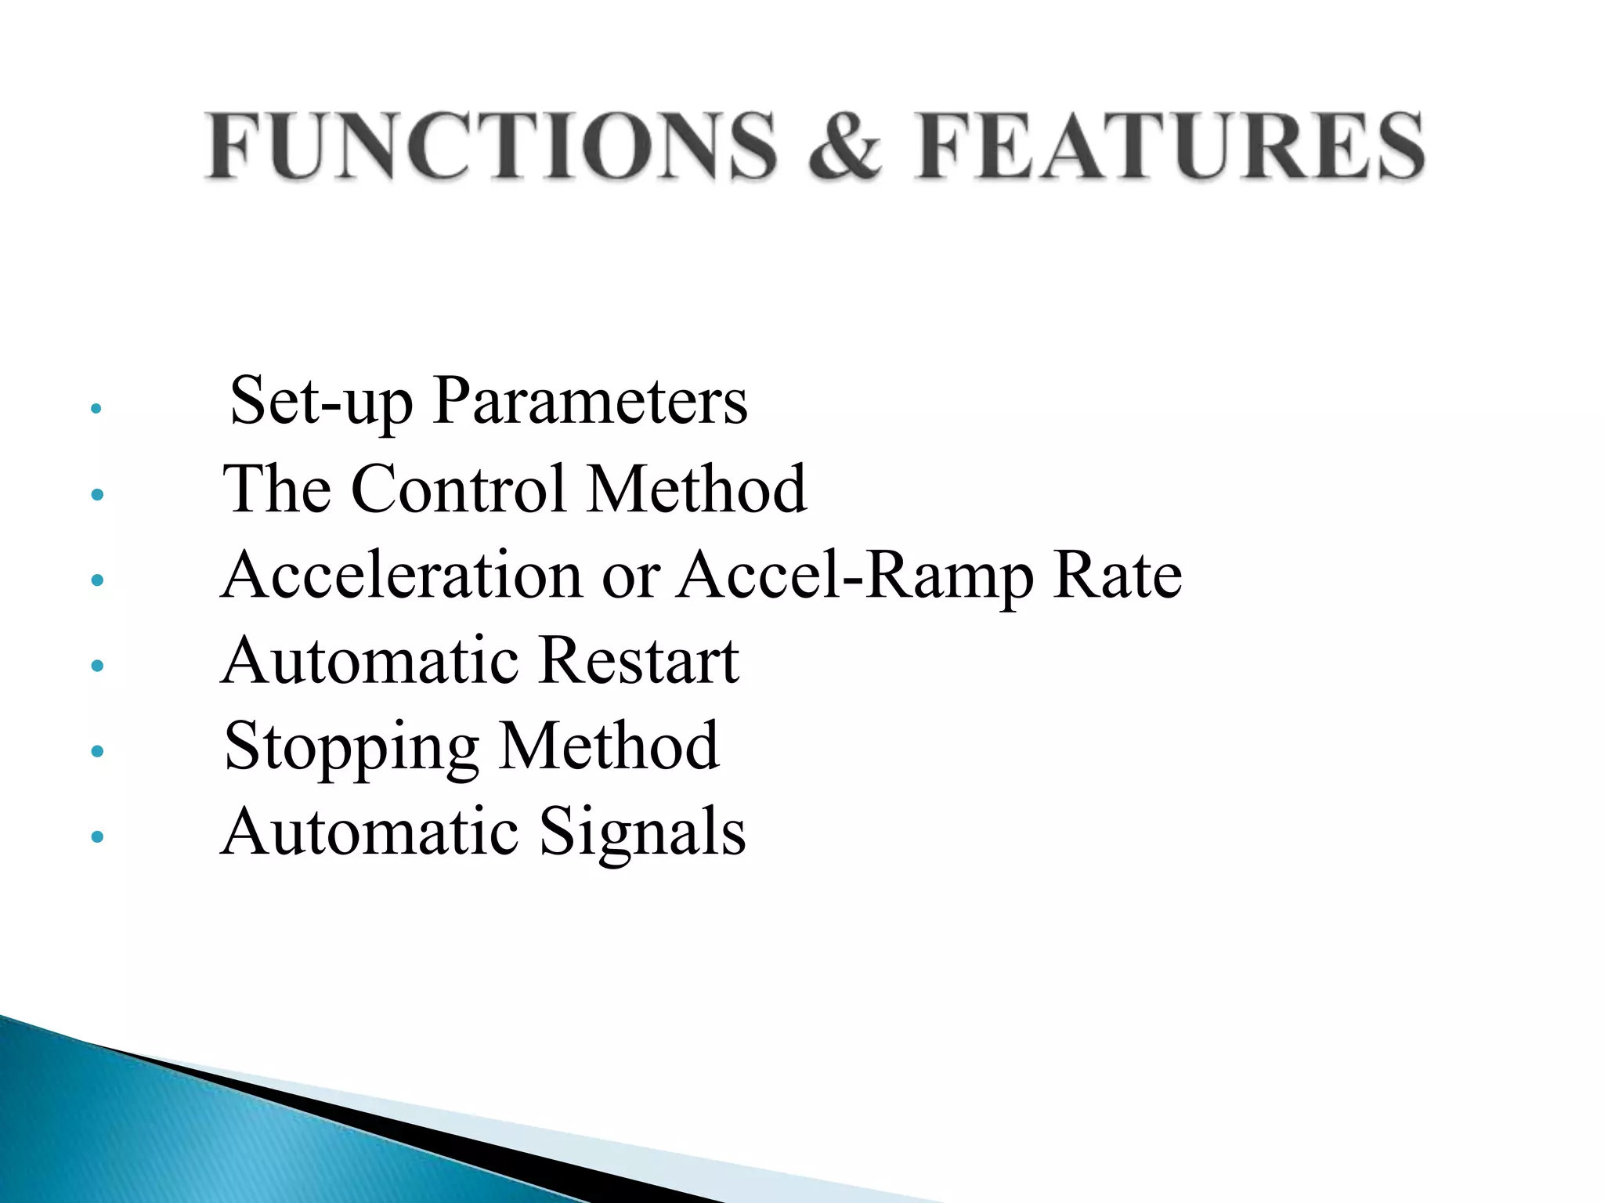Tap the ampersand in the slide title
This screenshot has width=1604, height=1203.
(x=846, y=146)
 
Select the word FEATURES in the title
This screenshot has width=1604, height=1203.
(x=1170, y=146)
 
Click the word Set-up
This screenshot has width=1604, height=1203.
(x=321, y=402)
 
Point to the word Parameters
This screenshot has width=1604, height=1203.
(x=590, y=402)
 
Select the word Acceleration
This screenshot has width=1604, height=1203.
(x=402, y=575)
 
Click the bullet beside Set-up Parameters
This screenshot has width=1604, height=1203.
(x=96, y=408)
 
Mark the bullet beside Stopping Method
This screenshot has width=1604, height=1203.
(x=97, y=752)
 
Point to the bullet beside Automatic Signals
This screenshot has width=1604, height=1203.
(x=97, y=837)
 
